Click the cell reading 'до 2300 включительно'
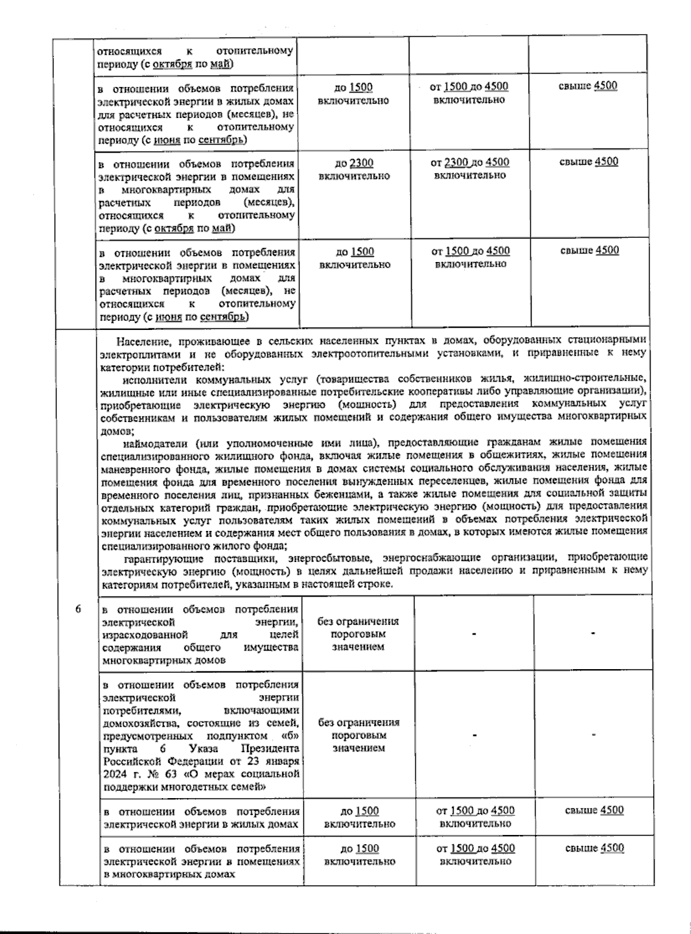point(354,169)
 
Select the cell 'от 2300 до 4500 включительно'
point(470,169)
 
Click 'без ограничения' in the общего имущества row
point(358,621)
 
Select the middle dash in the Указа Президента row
point(474,735)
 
